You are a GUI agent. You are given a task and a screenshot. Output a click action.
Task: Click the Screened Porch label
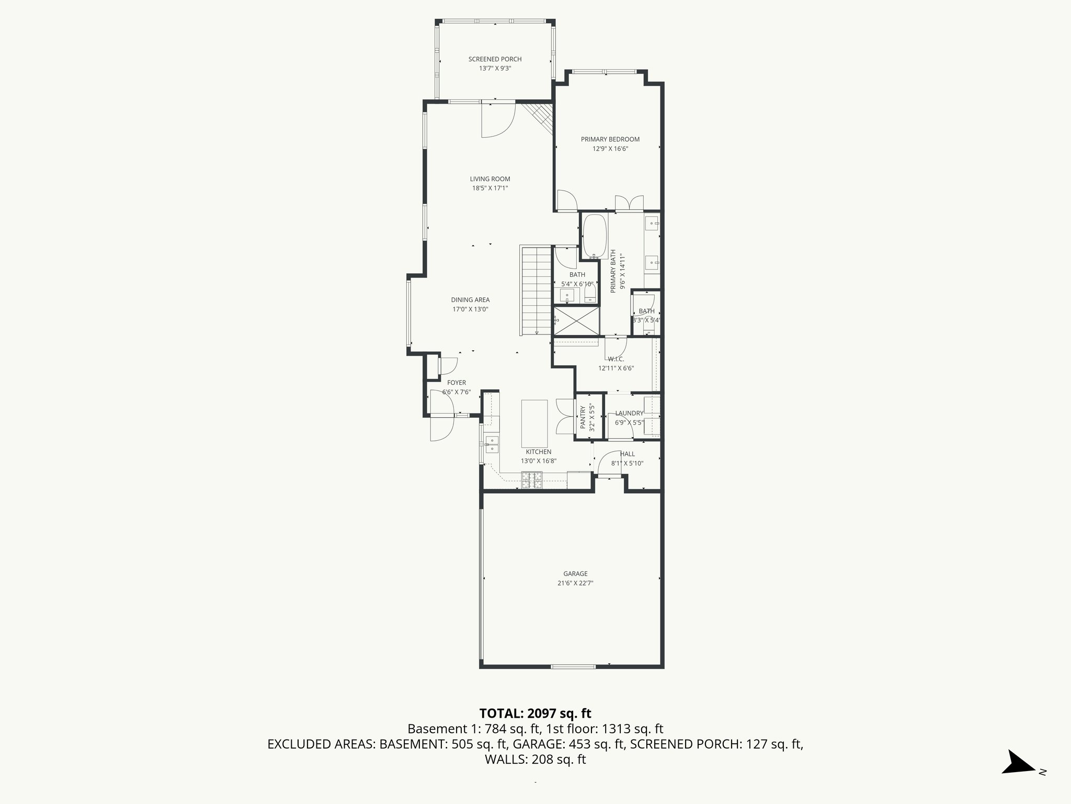coord(495,59)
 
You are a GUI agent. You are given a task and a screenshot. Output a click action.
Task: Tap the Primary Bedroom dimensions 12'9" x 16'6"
coord(610,149)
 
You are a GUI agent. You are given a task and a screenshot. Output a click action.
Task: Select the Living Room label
coord(489,179)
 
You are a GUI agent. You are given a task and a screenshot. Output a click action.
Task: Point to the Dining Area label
coord(470,300)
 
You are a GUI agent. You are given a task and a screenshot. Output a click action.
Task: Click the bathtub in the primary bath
coord(595,236)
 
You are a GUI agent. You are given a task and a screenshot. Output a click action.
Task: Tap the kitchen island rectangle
coord(534,422)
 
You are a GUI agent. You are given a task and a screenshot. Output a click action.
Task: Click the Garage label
coord(575,574)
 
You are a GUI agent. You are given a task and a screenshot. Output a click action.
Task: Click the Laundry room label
coord(629,414)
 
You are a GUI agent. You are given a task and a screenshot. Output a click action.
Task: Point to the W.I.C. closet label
coord(616,359)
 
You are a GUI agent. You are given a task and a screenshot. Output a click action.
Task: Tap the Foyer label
coord(456,383)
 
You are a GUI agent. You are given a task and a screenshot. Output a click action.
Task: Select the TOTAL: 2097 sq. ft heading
coord(535,713)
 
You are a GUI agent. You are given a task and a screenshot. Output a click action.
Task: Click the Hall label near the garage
coord(627,454)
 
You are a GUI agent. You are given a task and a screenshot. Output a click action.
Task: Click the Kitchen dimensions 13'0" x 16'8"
coord(538,461)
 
